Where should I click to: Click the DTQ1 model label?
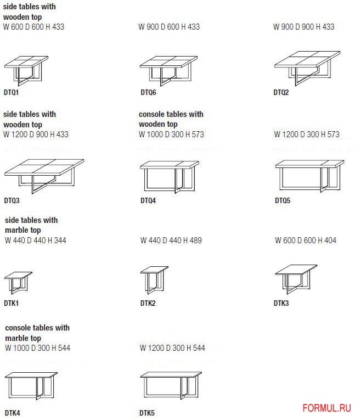[11, 92]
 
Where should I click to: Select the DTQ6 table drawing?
[168, 71]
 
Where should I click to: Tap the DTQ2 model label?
[281, 92]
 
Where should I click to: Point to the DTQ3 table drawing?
[44, 176]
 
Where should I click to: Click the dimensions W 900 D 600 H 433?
[169, 27]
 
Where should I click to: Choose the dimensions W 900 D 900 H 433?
[304, 27]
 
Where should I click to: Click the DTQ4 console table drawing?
[170, 177]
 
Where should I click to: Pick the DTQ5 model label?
[283, 200]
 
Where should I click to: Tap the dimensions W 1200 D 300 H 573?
[307, 134]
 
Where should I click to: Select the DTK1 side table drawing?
[18, 283]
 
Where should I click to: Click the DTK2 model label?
[148, 303]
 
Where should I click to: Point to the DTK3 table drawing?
[296, 279]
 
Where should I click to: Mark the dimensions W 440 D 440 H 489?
[171, 240]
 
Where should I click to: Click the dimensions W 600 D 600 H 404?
[306, 240]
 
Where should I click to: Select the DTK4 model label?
[12, 413]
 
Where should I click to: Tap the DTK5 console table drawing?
[171, 385]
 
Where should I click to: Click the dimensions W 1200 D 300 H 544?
[172, 348]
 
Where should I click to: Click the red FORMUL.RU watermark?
[327, 408]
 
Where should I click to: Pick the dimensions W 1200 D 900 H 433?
[36, 134]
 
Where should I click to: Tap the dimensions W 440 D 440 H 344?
[36, 240]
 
